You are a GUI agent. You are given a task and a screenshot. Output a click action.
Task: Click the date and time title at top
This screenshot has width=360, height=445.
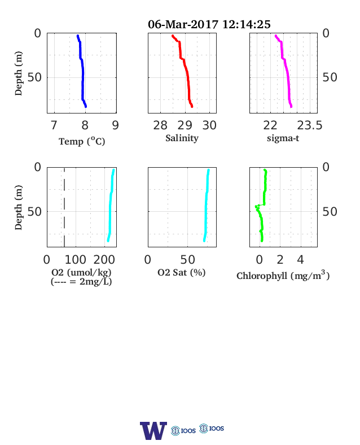pyautogui.click(x=209, y=24)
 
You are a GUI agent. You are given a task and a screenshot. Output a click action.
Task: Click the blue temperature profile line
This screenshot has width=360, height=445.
pyautogui.click(x=83, y=71)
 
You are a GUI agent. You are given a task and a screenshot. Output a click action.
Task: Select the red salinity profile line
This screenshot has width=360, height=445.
pyautogui.click(x=186, y=71)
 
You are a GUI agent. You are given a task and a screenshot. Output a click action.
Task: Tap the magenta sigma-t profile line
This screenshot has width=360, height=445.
pyautogui.click(x=287, y=71)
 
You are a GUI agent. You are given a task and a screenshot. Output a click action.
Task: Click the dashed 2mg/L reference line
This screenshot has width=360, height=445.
pyautogui.click(x=64, y=207)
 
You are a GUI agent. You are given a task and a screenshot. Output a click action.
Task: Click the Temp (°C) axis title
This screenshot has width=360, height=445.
pyautogui.click(x=82, y=141)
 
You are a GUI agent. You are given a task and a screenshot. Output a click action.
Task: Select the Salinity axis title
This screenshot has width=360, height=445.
pyautogui.click(x=182, y=138)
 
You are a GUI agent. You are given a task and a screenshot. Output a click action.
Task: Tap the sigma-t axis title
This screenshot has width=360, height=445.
pyautogui.click(x=283, y=138)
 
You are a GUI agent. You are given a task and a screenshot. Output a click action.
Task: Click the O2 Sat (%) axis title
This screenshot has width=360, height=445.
pyautogui.click(x=182, y=272)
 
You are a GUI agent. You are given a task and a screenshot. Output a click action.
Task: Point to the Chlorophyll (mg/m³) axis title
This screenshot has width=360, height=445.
pyautogui.click(x=283, y=276)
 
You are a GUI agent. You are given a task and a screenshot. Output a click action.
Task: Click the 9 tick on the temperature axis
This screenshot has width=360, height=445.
pyautogui.click(x=115, y=125)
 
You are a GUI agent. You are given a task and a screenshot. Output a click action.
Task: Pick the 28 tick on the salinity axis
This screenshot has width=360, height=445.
pyautogui.click(x=160, y=125)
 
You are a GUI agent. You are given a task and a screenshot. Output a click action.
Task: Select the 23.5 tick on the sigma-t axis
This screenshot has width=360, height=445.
pyautogui.click(x=310, y=125)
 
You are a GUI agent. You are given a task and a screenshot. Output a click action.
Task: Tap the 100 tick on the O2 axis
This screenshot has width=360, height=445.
pyautogui.click(x=76, y=260)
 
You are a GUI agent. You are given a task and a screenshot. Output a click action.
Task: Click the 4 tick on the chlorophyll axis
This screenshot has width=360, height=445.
pyautogui.click(x=301, y=260)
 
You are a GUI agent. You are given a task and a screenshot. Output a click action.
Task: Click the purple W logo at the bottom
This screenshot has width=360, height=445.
pyautogui.click(x=153, y=430)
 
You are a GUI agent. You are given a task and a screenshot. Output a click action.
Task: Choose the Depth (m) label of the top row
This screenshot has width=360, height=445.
pyautogui.click(x=18, y=73)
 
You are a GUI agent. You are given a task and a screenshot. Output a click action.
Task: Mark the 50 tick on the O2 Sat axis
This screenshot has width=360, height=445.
pyautogui.click(x=188, y=260)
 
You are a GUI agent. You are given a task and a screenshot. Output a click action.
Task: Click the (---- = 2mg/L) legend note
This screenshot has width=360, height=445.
pyautogui.click(x=81, y=282)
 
